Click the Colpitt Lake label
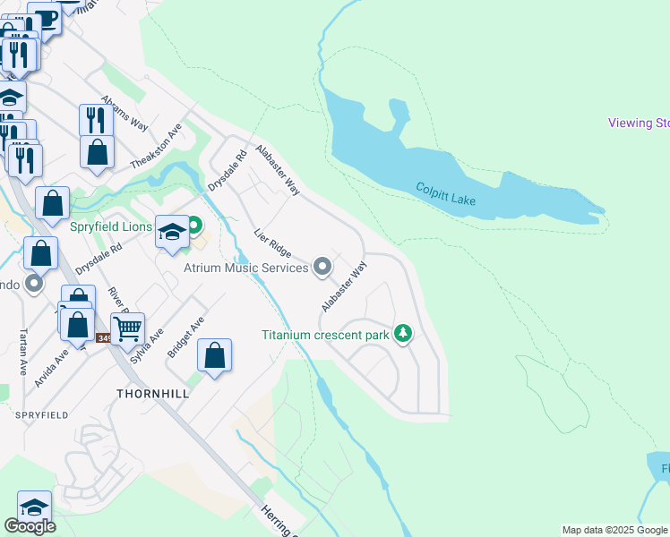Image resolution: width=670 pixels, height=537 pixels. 446,193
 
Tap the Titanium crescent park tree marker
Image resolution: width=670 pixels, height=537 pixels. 404,335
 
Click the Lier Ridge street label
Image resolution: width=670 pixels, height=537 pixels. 272,244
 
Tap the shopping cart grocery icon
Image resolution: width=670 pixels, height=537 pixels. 127,329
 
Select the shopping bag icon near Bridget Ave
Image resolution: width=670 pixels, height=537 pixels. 215,356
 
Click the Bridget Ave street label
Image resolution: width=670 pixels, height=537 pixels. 186,337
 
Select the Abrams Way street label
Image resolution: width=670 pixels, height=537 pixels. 125,112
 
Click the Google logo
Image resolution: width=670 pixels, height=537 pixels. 30,526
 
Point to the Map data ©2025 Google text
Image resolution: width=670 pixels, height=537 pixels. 614,530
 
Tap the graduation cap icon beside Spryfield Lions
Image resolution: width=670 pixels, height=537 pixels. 172,234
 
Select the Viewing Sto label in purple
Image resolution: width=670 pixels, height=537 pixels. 638,123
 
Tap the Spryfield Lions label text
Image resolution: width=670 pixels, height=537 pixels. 112,226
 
